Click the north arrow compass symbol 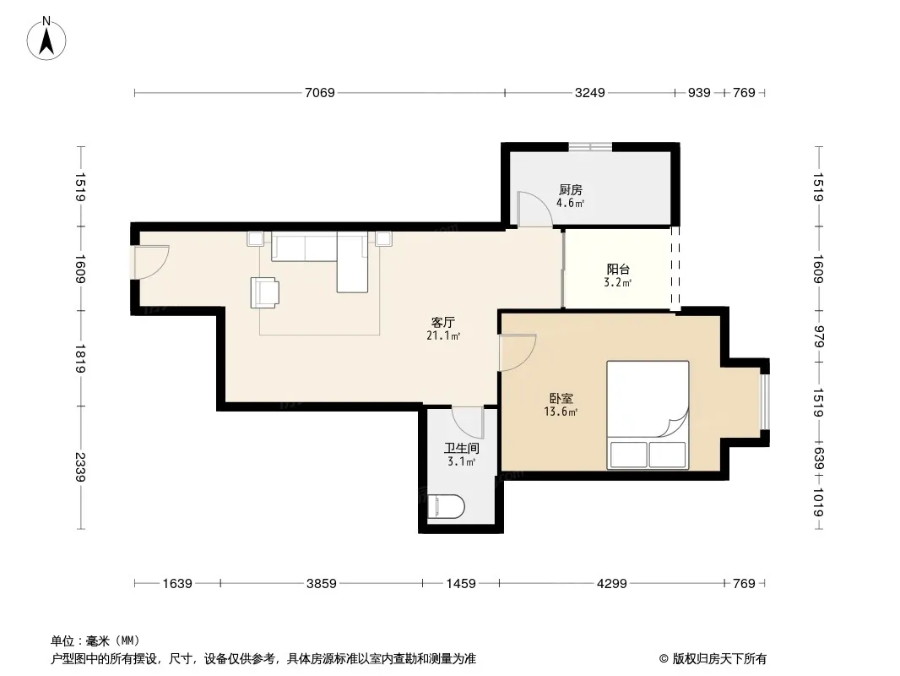(46, 39)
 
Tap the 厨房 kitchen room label (571, 189)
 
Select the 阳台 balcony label (618, 269)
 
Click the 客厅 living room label (443, 322)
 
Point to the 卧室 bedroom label (561, 398)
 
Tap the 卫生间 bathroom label (462, 448)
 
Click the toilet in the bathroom (446, 506)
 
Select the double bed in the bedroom (648, 415)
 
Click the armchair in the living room (264, 292)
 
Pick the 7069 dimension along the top (320, 92)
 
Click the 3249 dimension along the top (590, 92)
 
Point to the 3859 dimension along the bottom (322, 584)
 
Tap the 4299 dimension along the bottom (612, 584)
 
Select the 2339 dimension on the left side (79, 467)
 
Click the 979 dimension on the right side (818, 336)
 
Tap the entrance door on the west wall (151, 263)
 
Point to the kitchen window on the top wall (590, 147)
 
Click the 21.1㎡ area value (443, 335)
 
